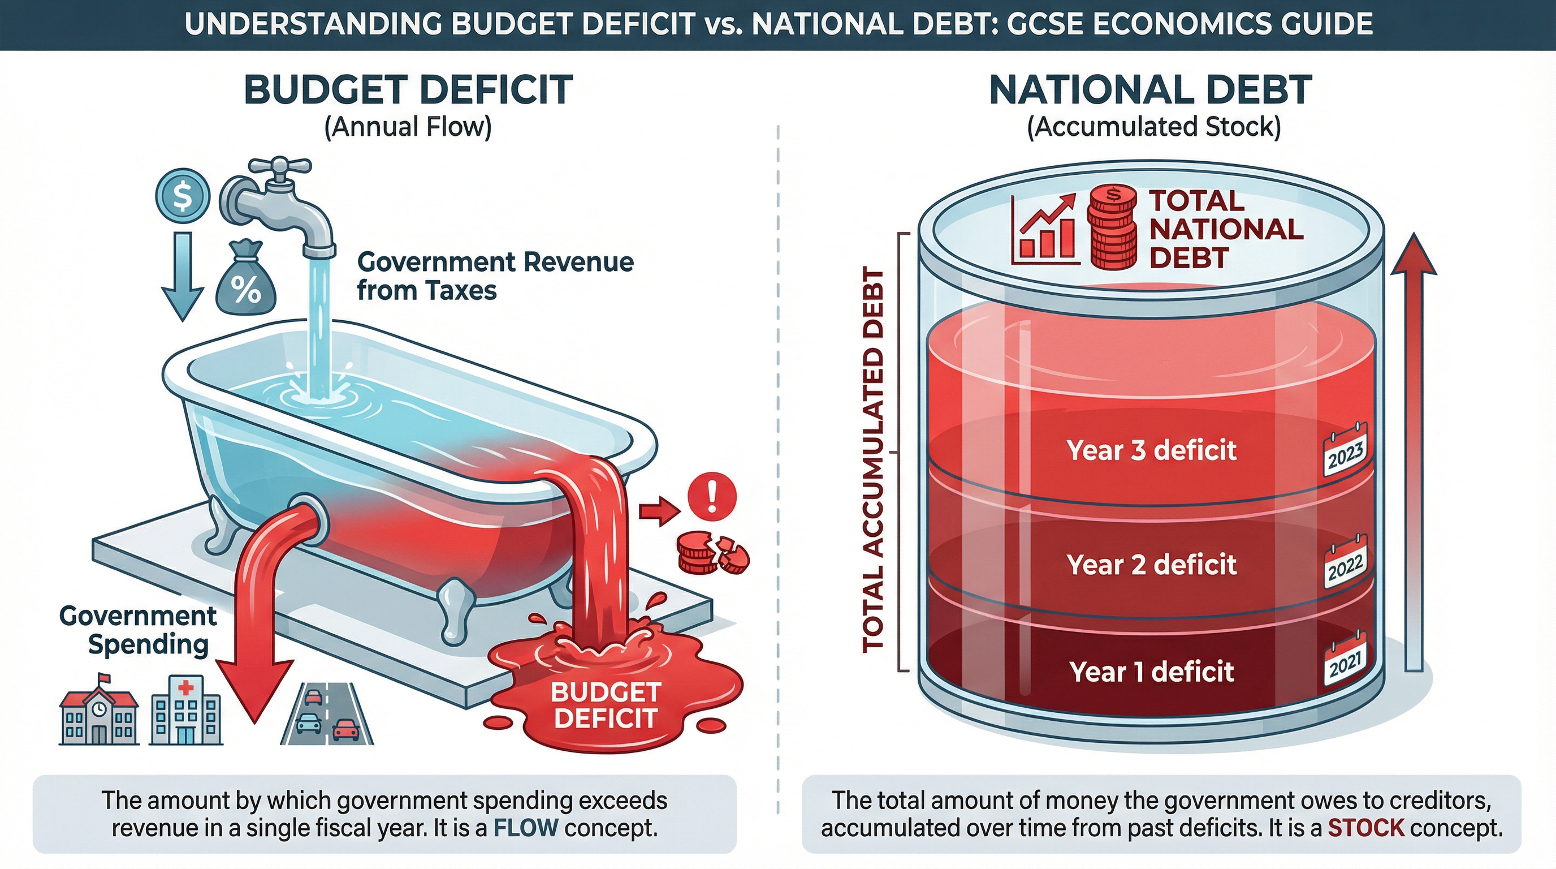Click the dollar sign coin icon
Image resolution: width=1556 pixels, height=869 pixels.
click(x=183, y=196)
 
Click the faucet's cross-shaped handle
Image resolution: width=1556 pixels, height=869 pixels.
click(x=280, y=166)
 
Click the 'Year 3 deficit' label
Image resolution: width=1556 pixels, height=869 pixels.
click(x=1151, y=451)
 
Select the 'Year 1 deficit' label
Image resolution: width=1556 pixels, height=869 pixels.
click(x=1151, y=672)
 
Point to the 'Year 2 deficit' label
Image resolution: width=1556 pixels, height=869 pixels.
click(x=1151, y=565)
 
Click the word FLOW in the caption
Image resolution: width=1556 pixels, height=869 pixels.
click(x=525, y=827)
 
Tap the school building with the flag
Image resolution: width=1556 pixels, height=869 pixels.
click(x=99, y=712)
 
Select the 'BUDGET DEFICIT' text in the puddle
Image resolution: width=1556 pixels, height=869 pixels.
click(x=605, y=704)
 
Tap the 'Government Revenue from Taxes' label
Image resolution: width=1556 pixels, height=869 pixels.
click(x=495, y=276)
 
